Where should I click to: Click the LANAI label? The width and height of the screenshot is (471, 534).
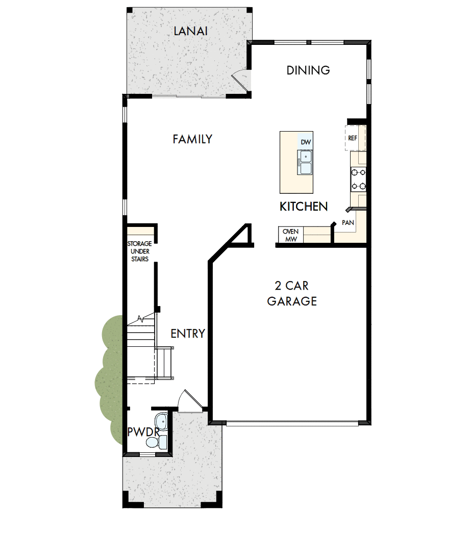pyautogui.click(x=190, y=31)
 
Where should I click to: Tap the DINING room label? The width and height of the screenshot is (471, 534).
pyautogui.click(x=308, y=70)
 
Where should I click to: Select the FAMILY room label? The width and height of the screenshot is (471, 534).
pyautogui.click(x=192, y=139)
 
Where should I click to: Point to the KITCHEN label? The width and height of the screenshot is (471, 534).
pyautogui.click(x=304, y=207)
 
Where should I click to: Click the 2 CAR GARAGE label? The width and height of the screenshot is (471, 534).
pyautogui.click(x=292, y=293)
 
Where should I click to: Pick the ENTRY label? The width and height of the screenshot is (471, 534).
pyautogui.click(x=187, y=334)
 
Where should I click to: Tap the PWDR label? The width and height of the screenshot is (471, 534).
pyautogui.click(x=140, y=432)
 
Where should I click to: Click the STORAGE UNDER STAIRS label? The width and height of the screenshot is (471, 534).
pyautogui.click(x=139, y=251)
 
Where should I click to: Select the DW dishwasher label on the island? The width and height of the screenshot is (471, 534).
pyautogui.click(x=305, y=142)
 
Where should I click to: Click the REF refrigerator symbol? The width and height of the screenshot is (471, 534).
pyautogui.click(x=353, y=138)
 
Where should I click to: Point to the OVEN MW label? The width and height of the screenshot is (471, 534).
pyautogui.click(x=291, y=235)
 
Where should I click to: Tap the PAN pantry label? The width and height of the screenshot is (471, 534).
pyautogui.click(x=348, y=223)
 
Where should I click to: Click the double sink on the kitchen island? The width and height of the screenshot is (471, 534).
pyautogui.click(x=306, y=162)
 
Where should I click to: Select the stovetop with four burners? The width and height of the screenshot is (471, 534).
pyautogui.click(x=358, y=179)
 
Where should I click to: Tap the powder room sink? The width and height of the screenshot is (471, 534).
pyautogui.click(x=161, y=422)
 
